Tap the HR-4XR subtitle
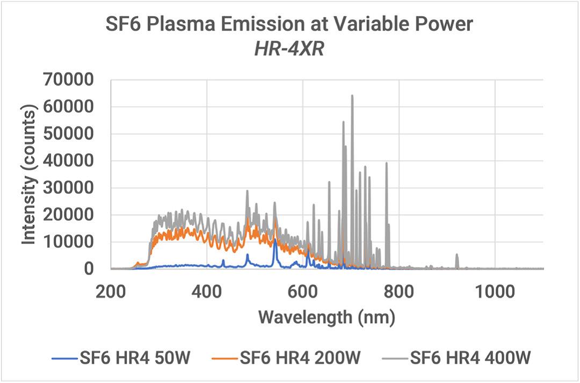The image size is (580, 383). pyautogui.click(x=291, y=52)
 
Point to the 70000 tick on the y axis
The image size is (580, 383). pyautogui.click(x=71, y=81)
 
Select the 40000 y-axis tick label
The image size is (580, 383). pyautogui.click(x=71, y=161)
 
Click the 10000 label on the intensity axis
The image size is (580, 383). pyautogui.click(x=71, y=242)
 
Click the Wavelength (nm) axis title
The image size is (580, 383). pyautogui.click(x=327, y=317)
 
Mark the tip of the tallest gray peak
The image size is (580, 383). pyautogui.click(x=352, y=96)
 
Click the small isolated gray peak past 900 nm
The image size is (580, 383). pyautogui.click(x=457, y=255)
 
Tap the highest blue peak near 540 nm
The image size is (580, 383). pyautogui.click(x=275, y=240)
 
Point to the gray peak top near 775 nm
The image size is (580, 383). pyautogui.click(x=386, y=163)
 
